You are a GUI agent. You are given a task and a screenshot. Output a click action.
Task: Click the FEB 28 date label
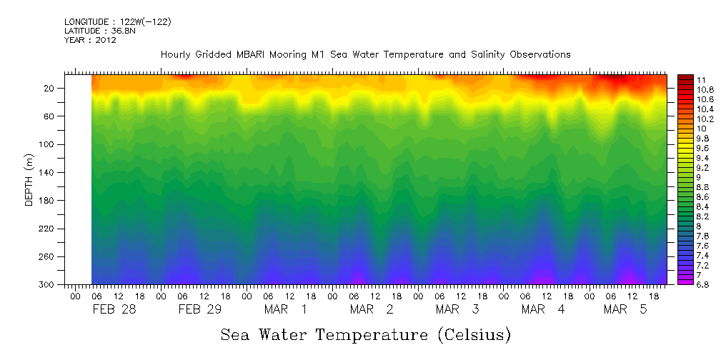tap(114, 309)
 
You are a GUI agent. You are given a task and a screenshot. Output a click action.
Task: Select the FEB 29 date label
tap(199, 309)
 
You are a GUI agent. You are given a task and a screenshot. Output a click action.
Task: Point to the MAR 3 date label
tap(457, 309)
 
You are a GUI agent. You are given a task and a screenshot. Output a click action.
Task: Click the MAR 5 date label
tap(625, 309)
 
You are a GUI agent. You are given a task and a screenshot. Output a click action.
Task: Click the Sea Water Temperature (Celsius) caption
tap(365, 334)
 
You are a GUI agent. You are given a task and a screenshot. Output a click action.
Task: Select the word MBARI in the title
tap(262, 55)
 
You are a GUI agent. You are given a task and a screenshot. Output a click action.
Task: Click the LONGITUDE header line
tap(117, 22)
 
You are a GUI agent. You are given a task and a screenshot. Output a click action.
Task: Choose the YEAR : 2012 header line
tap(90, 40)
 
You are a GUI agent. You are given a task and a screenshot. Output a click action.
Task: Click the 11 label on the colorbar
tap(681, 79)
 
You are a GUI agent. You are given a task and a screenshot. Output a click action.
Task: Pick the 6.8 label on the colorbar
tap(684, 284)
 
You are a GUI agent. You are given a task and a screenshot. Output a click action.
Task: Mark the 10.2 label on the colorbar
tap(685, 119)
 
